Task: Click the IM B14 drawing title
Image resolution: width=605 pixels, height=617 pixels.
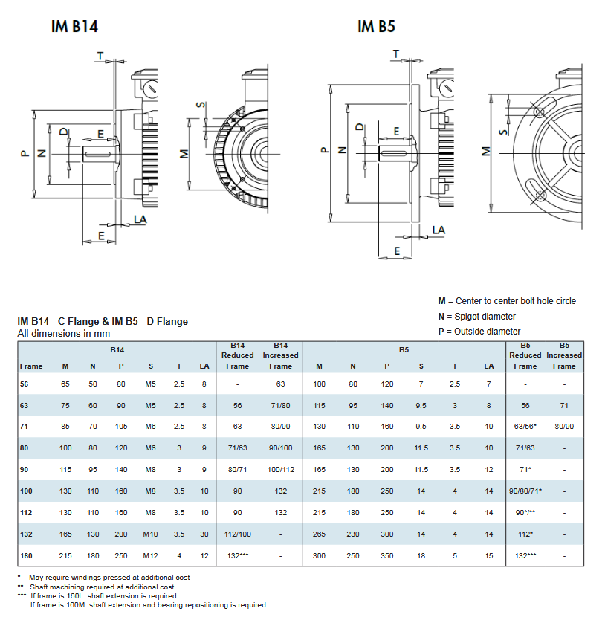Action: (74, 27)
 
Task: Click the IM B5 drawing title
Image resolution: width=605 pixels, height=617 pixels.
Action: (376, 27)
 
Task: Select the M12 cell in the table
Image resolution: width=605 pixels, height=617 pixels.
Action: (151, 555)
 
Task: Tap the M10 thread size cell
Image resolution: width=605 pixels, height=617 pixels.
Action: (151, 534)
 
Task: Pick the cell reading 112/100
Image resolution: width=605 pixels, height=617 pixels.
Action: (238, 534)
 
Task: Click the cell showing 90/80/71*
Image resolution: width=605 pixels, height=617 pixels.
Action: (525, 491)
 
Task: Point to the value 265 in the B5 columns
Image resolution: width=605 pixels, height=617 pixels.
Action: (319, 534)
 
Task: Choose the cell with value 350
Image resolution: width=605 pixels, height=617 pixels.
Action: (386, 555)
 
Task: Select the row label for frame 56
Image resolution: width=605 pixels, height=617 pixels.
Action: (24, 384)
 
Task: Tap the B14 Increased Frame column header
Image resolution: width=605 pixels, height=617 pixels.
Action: (280, 355)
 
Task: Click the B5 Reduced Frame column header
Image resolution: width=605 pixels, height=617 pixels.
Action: (525, 355)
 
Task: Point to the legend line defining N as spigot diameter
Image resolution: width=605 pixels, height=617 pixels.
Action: (476, 317)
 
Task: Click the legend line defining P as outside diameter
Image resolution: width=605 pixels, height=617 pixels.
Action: (479, 332)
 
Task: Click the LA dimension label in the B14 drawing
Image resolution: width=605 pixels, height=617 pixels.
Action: (140, 219)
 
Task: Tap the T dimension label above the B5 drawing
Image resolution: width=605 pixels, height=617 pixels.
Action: (395, 54)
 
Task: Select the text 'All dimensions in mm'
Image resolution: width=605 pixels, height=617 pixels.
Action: (64, 334)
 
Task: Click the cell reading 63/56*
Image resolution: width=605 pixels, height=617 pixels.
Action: (525, 427)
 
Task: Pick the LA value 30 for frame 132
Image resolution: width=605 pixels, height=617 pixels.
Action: (204, 534)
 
